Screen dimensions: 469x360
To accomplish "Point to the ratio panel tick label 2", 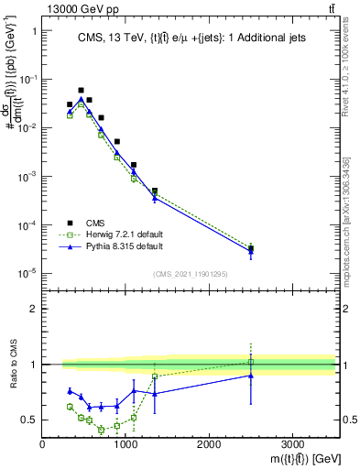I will point(32,309).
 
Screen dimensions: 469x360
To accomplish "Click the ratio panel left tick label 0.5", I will point(29,420).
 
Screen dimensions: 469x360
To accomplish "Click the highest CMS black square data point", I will point(81,90).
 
